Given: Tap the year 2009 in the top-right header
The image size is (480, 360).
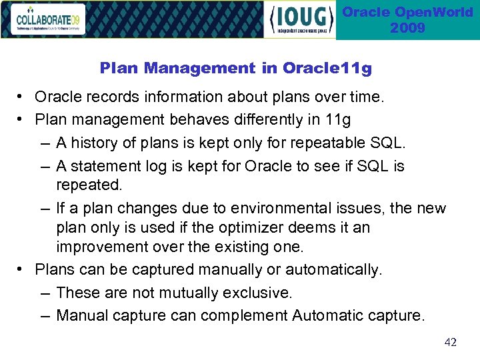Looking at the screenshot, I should point(407,28).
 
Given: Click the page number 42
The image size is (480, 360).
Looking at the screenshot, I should point(451,342).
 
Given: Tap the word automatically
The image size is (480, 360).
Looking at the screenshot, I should point(333,269).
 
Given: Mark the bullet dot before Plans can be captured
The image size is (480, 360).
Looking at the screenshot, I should point(21,269).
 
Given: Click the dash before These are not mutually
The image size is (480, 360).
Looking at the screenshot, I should point(44,293).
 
